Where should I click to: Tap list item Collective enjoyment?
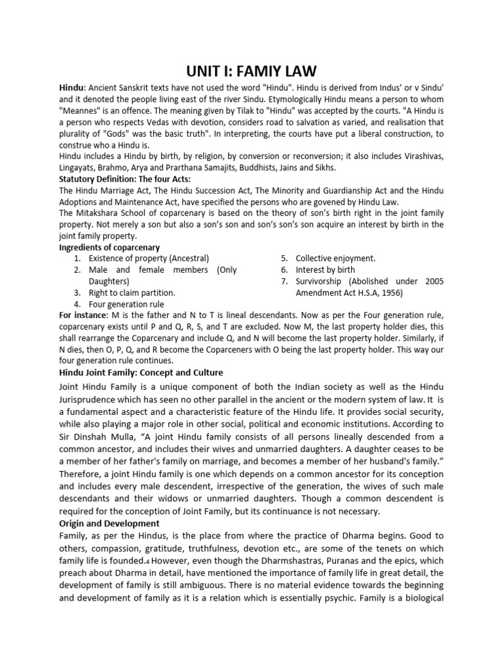coord(335,258)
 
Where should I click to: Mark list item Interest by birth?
coord(326,270)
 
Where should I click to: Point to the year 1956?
coord(391,292)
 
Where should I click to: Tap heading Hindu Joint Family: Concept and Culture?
coord(141,372)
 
